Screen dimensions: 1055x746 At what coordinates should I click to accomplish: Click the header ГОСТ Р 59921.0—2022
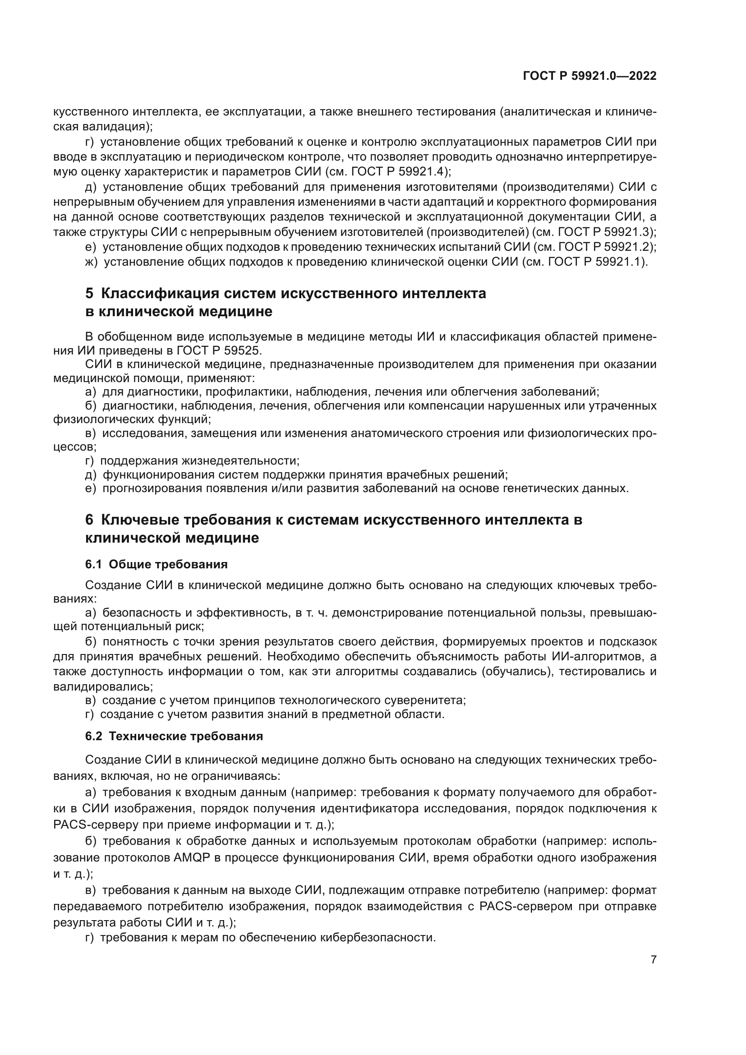click(x=589, y=76)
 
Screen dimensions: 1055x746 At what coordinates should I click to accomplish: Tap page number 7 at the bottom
click(x=653, y=959)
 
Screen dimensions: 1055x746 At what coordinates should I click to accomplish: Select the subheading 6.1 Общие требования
click(x=156, y=564)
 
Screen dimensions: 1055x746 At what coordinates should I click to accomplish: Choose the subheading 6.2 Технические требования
click(x=174, y=736)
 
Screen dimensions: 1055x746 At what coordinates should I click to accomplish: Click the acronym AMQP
click(x=192, y=857)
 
